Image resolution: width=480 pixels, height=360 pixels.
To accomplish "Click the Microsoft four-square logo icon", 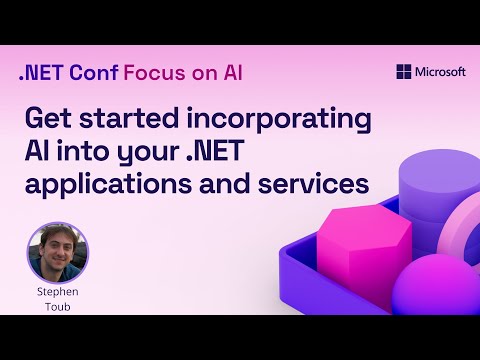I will [x=403, y=72].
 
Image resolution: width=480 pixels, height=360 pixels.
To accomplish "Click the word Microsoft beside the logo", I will [x=440, y=72].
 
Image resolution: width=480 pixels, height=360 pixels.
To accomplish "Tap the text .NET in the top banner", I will [x=39, y=73].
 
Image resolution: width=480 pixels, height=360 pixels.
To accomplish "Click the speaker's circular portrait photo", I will [x=57, y=252].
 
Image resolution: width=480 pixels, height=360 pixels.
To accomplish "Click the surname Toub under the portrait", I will [x=57, y=307].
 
